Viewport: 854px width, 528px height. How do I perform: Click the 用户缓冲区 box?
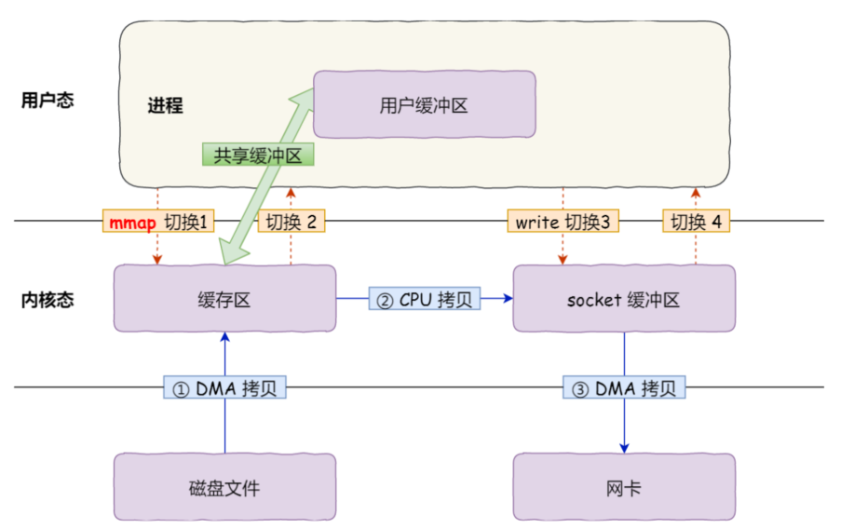(424, 104)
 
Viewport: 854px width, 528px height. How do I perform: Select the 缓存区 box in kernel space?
(224, 299)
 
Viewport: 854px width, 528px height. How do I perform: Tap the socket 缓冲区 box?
(623, 299)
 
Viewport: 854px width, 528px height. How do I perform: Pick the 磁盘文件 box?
(224, 487)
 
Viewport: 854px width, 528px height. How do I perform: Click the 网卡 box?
(623, 487)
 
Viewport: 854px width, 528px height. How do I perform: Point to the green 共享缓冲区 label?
(258, 156)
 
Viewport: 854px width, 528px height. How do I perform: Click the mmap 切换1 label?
(158, 222)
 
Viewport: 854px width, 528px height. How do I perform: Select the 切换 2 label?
(291, 222)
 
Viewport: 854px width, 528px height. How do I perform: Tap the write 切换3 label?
(563, 222)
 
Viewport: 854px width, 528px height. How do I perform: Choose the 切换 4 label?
(696, 222)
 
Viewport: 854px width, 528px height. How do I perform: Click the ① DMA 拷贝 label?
(224, 387)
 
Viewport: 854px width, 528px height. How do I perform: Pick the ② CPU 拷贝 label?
(424, 299)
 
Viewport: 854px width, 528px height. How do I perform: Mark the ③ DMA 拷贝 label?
(623, 387)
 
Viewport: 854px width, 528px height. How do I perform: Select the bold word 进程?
(165, 105)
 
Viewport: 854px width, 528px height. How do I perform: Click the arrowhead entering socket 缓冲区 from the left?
(508, 299)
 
